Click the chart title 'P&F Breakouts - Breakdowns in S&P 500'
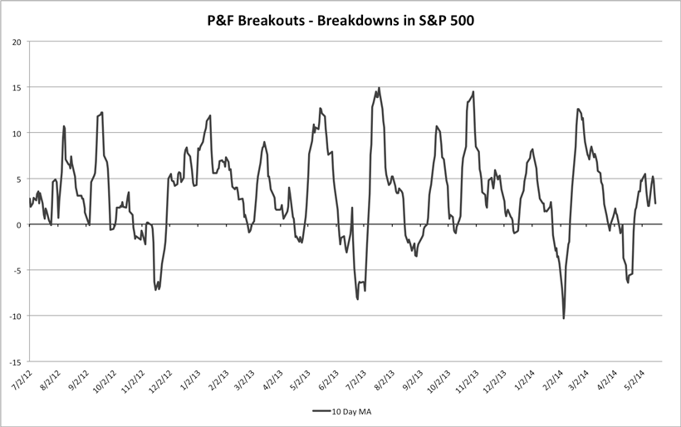[x=340, y=19]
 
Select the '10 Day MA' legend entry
[x=348, y=410]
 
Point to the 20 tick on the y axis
[x=16, y=42]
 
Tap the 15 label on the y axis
[x=16, y=87]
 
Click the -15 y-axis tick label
[x=14, y=361]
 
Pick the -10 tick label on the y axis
[x=14, y=316]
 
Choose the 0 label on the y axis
[x=18, y=224]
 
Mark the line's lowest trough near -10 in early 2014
[x=564, y=318]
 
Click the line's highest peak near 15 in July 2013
[x=380, y=87]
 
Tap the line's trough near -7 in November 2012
[x=156, y=289]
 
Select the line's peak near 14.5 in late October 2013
[x=473, y=91]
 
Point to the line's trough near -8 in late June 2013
[x=358, y=298]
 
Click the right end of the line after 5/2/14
[x=656, y=204]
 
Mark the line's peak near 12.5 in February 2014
[x=577, y=109]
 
